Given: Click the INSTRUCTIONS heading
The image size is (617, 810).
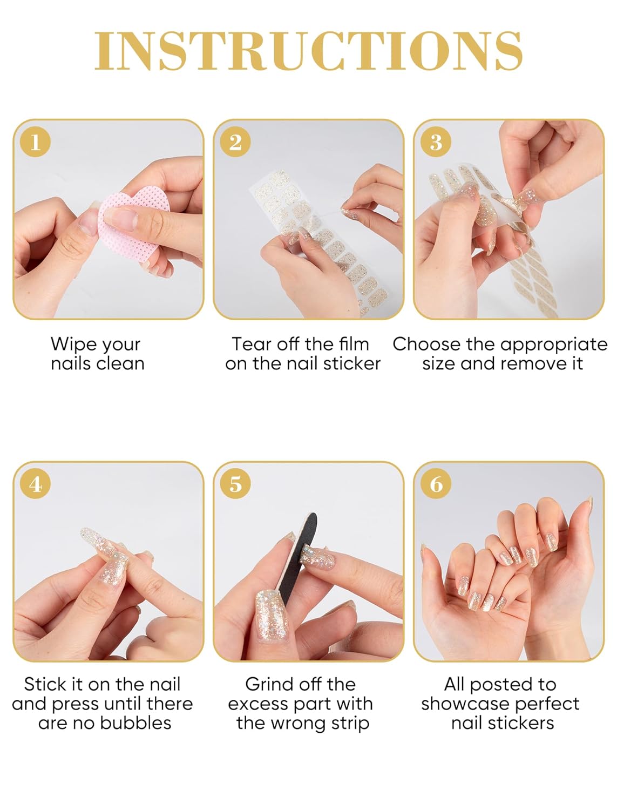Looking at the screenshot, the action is coord(308,51).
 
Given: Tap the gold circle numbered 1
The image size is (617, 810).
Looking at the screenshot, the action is coord(36,141).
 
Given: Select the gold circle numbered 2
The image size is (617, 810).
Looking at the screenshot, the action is coord(235,141).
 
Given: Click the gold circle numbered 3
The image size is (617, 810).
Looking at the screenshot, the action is coord(436,141).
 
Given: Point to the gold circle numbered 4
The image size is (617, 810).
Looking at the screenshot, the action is coord(36,484).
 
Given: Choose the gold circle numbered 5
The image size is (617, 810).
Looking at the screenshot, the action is coord(235,484).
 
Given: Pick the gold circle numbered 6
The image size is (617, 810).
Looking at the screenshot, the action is coord(436,484).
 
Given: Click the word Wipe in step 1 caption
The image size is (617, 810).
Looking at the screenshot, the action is coord(73,345).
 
